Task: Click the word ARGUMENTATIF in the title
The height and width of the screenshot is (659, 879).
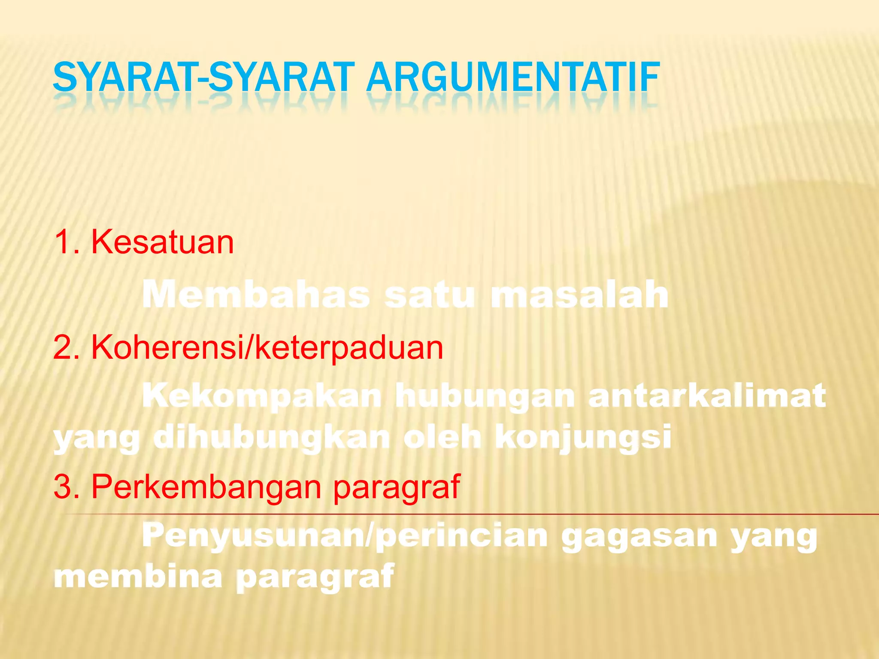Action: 513,78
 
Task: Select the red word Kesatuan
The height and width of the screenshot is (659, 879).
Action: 162,242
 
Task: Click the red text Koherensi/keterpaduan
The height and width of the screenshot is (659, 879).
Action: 267,348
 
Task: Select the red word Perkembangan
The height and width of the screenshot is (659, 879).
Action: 206,487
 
